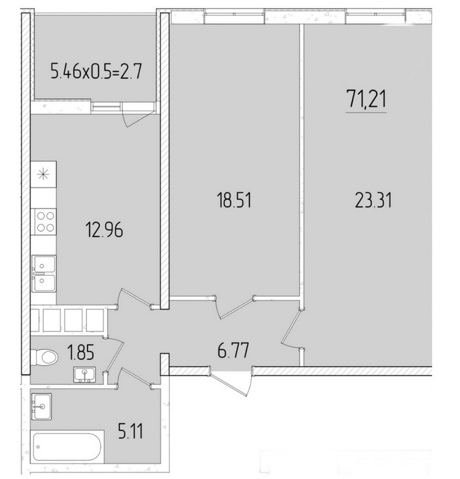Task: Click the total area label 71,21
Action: pyautogui.click(x=366, y=99)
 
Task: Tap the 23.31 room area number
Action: pyautogui.click(x=374, y=200)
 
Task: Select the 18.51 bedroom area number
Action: pyautogui.click(x=234, y=200)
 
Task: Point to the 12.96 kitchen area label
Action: pyautogui.click(x=105, y=230)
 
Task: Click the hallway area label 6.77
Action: pyautogui.click(x=233, y=350)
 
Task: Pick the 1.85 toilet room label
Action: pyautogui.click(x=81, y=352)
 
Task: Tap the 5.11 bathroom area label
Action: pyautogui.click(x=131, y=431)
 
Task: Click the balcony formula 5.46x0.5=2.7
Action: pyautogui.click(x=96, y=72)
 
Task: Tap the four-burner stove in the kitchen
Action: pyautogui.click(x=45, y=222)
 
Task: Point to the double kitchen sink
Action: pyautogui.click(x=44, y=273)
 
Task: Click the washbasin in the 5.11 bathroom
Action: pyautogui.click(x=42, y=407)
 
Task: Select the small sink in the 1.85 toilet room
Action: pyautogui.click(x=85, y=374)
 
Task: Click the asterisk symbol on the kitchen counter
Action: pyautogui.click(x=43, y=174)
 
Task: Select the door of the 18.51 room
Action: pyautogui.click(x=234, y=307)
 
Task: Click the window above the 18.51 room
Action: pyautogui.click(x=234, y=17)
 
